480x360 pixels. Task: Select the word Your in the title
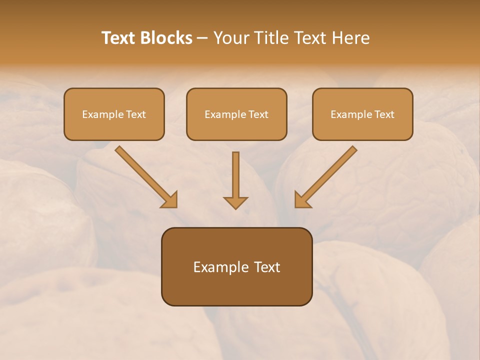coord(230,38)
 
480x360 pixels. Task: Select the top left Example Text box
coord(114,114)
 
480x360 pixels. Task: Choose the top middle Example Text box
coord(236,114)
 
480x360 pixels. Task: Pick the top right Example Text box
coord(362,114)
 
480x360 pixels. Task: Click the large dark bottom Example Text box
coord(236,266)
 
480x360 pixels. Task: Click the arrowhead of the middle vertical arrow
coord(235,202)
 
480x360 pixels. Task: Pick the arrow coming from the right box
coord(327,175)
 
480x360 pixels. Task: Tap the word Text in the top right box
coord(384,114)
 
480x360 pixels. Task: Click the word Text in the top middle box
coord(258,114)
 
